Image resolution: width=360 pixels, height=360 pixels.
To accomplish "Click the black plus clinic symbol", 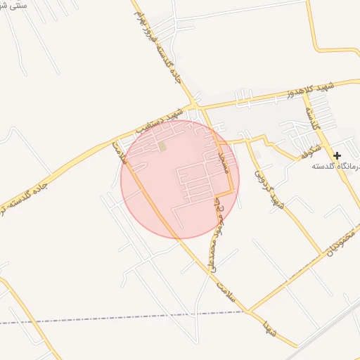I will (337, 155).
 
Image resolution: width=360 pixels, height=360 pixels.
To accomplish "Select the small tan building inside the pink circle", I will (162, 146).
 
